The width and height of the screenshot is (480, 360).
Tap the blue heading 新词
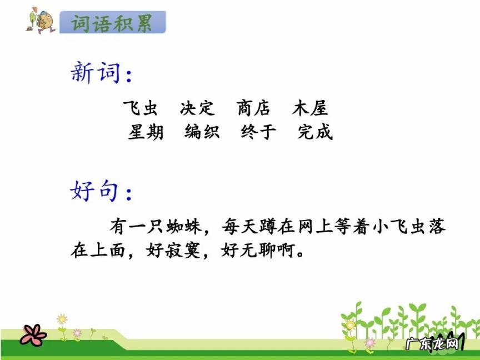(96, 73)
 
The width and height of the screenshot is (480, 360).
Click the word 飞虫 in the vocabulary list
(140, 108)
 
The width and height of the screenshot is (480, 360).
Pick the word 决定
(197, 108)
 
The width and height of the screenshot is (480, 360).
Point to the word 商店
(254, 108)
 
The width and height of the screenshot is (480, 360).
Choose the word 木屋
(311, 108)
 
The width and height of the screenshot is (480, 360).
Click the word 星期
(146, 132)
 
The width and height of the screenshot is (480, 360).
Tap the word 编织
(202, 132)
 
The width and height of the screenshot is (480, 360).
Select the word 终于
(258, 132)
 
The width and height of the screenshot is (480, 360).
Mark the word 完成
(315, 132)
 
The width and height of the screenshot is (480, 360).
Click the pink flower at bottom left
(33, 334)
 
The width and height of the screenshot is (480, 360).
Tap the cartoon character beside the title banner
(40, 21)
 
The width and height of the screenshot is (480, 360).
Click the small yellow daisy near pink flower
(62, 320)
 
